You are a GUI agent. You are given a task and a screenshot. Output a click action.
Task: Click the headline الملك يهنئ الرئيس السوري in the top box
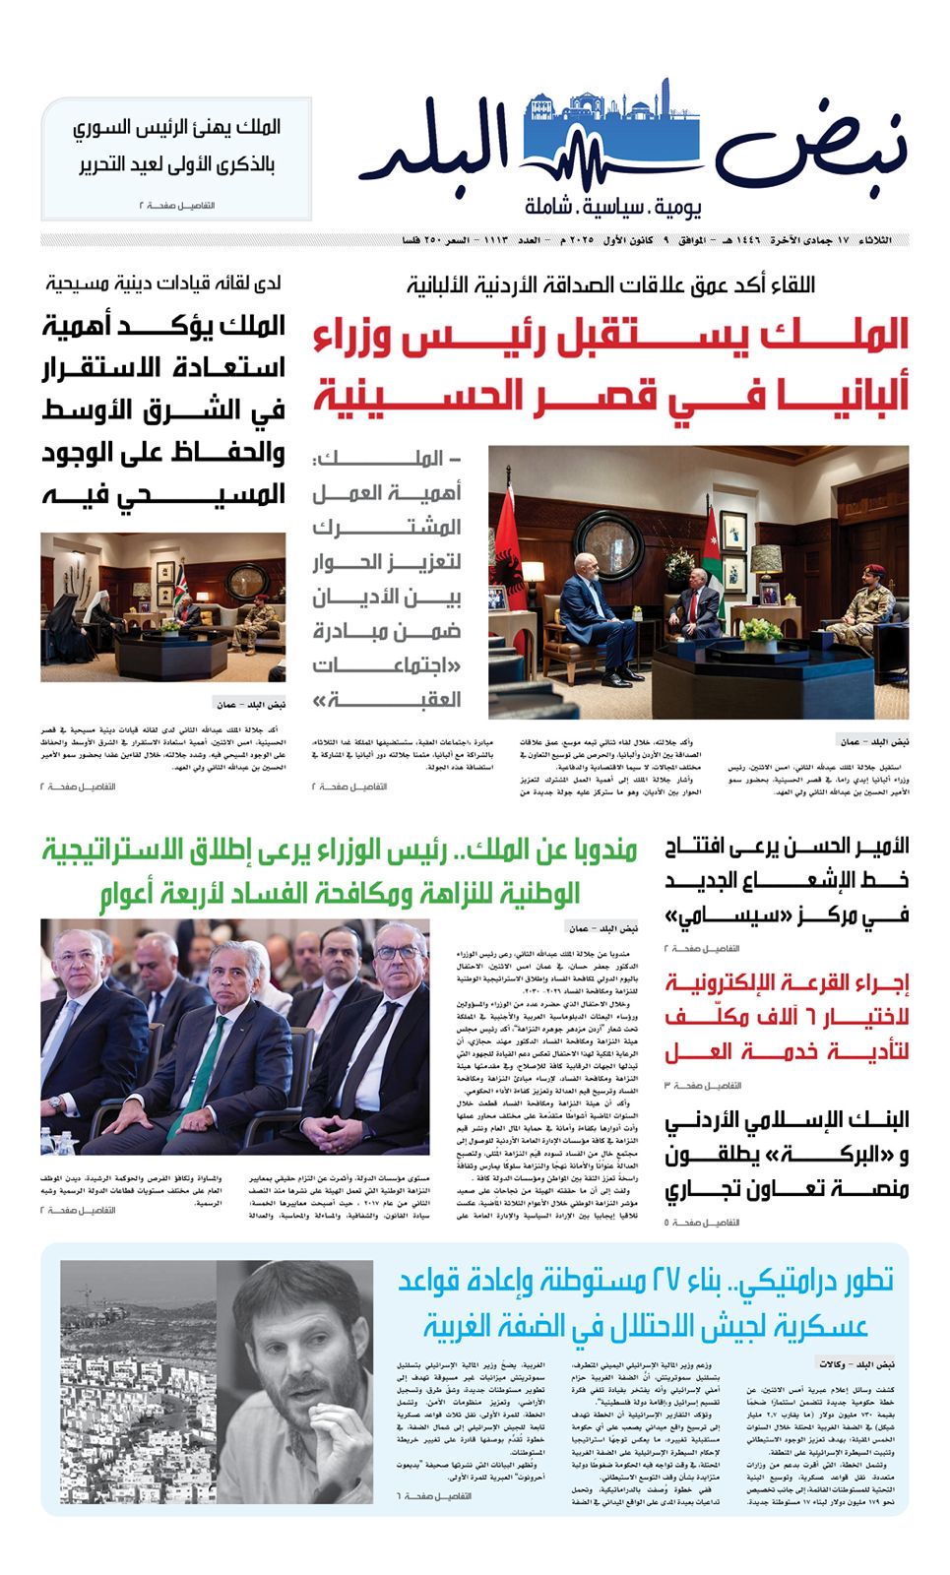point(177,127)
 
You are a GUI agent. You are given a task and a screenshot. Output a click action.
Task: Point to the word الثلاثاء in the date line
point(876,240)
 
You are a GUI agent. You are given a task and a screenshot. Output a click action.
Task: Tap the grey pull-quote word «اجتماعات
point(388,665)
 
